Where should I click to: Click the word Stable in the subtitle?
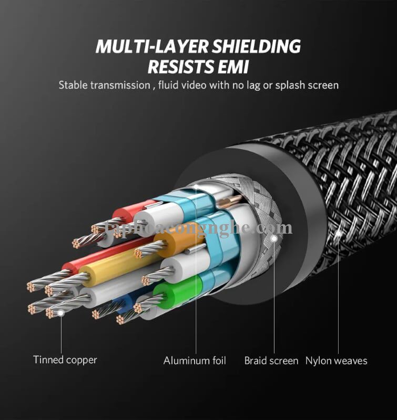tap(74, 85)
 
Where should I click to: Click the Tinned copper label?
tap(65, 360)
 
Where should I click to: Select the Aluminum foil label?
tap(195, 361)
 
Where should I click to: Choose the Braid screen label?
tap(271, 361)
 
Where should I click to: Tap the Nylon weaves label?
tap(337, 361)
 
